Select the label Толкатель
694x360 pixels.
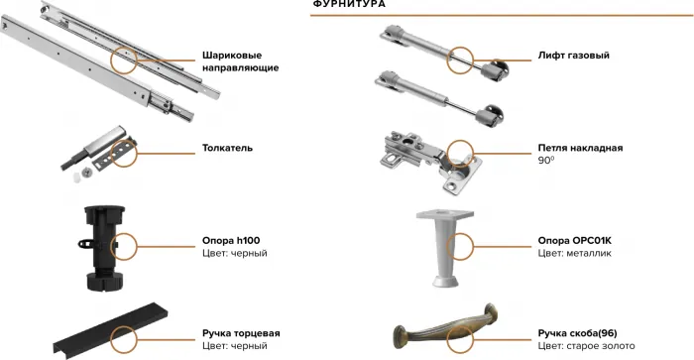(227, 148)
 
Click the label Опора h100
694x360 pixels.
(231, 240)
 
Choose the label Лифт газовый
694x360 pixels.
(573, 55)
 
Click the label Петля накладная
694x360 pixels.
(580, 147)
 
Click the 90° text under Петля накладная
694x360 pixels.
(544, 160)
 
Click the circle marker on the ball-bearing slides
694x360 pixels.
(126, 60)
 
